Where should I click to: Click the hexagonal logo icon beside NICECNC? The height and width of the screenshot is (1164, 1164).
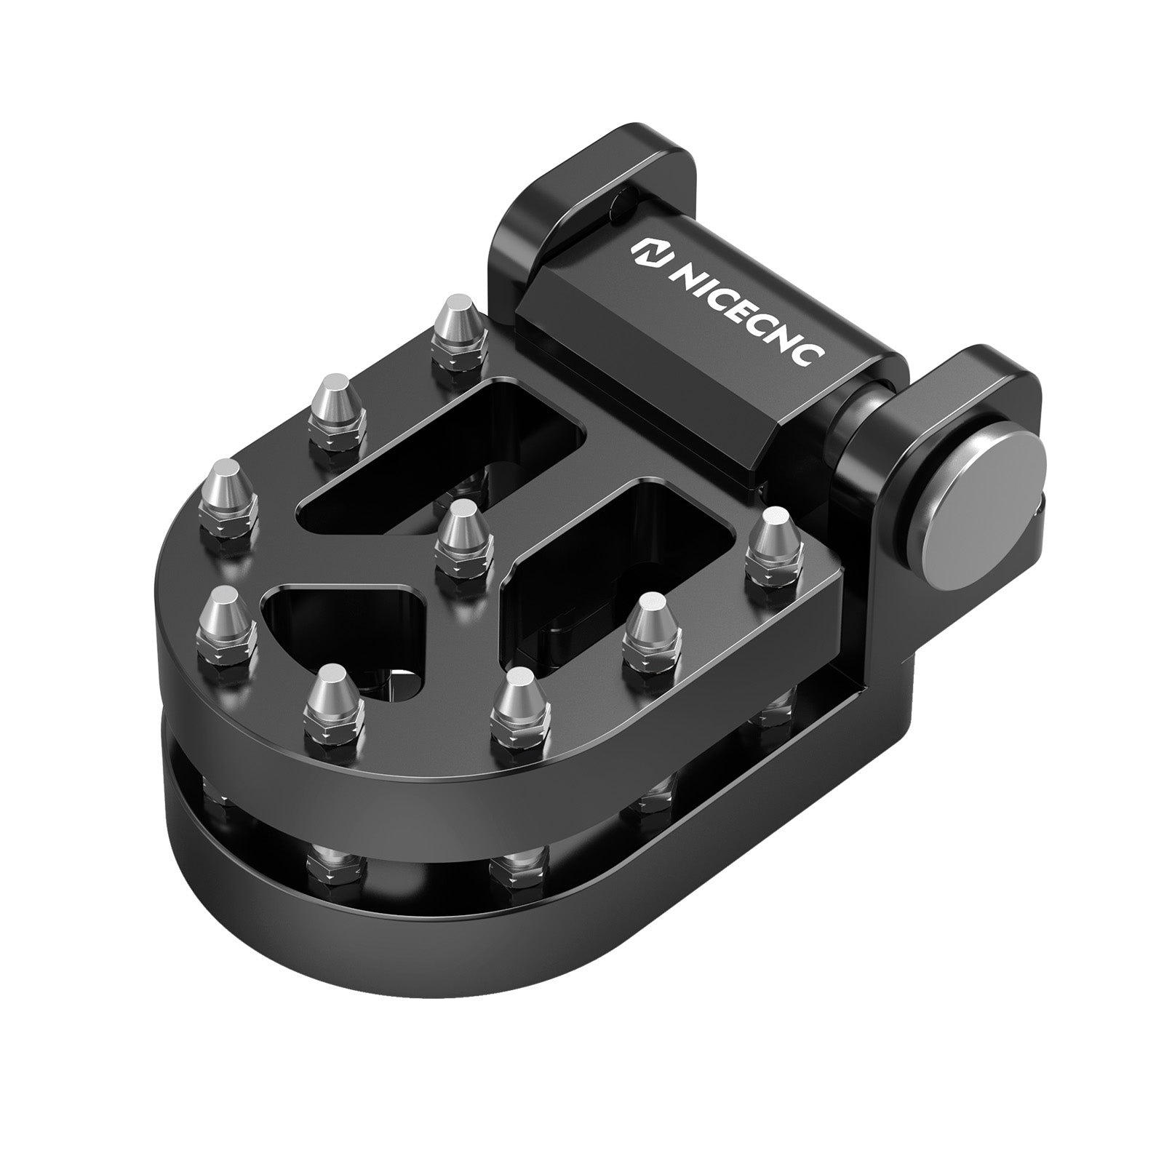click(643, 252)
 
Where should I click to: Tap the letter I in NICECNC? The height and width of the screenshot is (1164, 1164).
click(696, 284)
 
